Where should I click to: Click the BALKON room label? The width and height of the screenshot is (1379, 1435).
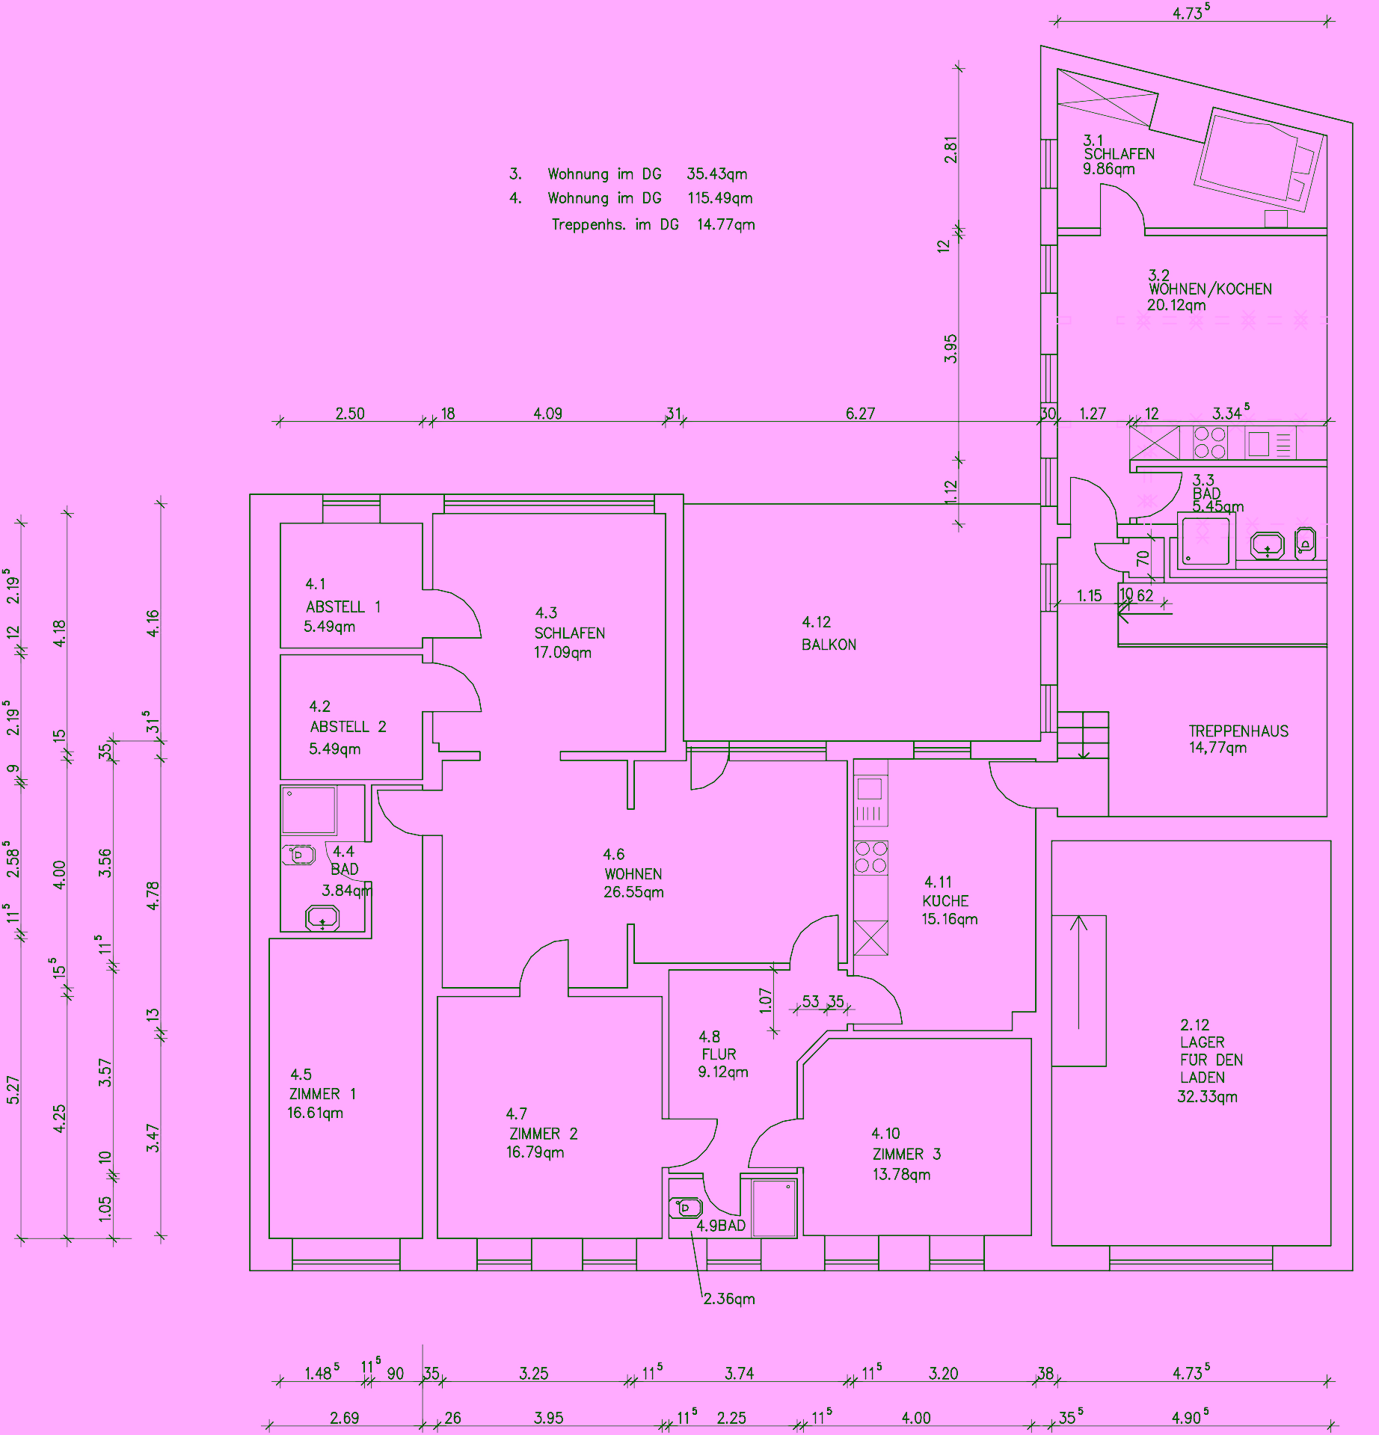tap(829, 645)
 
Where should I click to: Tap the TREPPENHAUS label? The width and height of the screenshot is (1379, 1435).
tap(1238, 731)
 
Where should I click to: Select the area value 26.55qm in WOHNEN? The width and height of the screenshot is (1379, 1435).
tap(633, 892)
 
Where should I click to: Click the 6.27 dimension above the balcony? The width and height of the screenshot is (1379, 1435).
tap(860, 414)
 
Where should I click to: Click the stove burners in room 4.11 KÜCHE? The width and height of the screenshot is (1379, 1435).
tap(871, 857)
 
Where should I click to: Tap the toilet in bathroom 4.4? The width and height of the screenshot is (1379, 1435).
tap(298, 854)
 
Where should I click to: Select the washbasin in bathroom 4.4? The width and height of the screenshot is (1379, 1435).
tap(322, 917)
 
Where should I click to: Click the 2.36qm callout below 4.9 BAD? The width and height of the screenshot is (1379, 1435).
tap(729, 1299)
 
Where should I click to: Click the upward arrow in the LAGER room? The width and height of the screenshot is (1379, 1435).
tap(1078, 972)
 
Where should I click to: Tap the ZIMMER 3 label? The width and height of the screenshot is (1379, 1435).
tap(906, 1154)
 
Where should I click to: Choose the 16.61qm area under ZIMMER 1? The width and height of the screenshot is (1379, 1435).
tap(315, 1113)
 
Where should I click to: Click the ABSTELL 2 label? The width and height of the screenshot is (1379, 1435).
tap(348, 727)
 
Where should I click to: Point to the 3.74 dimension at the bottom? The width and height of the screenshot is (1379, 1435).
tap(739, 1373)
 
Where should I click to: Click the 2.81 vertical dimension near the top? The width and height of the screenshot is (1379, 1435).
tap(950, 149)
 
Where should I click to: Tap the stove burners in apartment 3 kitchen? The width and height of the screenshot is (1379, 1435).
tap(1209, 443)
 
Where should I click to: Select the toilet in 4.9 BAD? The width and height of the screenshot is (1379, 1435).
tap(686, 1207)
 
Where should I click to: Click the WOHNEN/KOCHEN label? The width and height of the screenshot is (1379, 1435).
tap(1210, 289)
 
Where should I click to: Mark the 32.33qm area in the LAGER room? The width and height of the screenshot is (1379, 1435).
tap(1207, 1097)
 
